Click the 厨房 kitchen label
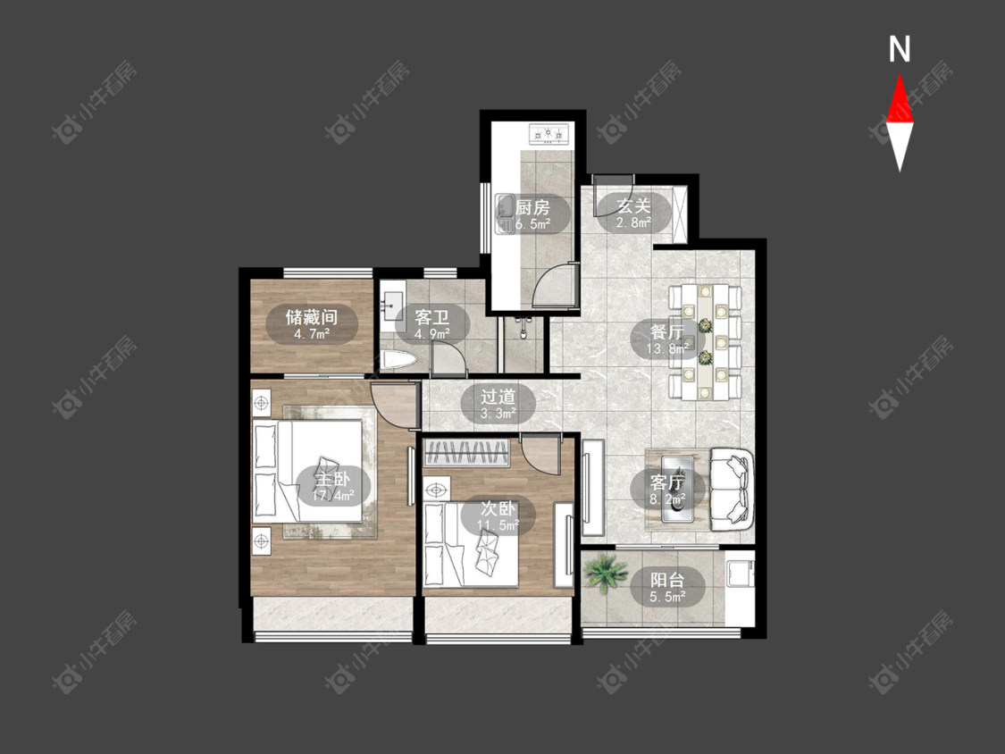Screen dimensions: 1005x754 (x=532, y=208)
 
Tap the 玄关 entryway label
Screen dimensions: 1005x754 (x=633, y=205)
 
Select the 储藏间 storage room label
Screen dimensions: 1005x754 (x=312, y=317)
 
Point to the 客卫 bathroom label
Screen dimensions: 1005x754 (x=432, y=317)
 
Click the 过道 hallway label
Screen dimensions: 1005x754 (x=498, y=397)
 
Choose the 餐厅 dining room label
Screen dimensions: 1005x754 (x=666, y=332)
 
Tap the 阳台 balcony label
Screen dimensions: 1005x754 (x=667, y=581)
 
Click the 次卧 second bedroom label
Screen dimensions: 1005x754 (x=498, y=509)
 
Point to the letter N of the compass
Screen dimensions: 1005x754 (x=900, y=49)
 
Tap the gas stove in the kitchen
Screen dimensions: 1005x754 (x=549, y=134)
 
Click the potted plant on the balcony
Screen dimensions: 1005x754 (x=605, y=573)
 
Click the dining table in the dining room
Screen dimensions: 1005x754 (x=705, y=342)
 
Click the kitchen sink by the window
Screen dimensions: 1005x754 (x=505, y=214)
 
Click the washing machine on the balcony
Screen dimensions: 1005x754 (x=739, y=574)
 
